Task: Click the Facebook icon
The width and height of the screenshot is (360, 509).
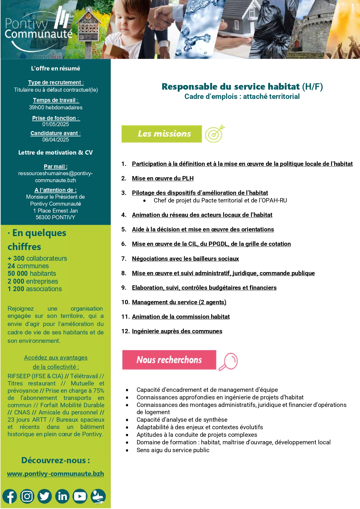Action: [10, 497]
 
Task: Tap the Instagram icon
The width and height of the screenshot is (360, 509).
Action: [27, 497]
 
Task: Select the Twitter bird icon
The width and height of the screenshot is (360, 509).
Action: [45, 497]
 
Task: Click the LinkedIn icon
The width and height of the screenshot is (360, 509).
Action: [62, 497]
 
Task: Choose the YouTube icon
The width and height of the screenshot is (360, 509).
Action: [80, 497]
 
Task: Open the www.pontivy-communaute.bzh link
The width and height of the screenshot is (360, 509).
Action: [55, 474]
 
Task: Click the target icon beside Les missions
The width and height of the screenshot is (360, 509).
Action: [215, 134]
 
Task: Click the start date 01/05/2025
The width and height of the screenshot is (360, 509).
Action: [55, 124]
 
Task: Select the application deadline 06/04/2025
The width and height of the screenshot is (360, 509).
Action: [55, 140]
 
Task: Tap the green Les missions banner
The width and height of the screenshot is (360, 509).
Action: [162, 134]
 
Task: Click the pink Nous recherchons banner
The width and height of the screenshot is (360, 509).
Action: [169, 360]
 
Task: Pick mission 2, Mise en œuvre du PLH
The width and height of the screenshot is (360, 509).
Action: [162, 178]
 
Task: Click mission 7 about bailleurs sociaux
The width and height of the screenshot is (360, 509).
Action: [185, 259]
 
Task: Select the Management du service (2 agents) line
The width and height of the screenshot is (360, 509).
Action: [179, 302]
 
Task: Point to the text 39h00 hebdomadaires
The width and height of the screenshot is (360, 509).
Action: [55, 108]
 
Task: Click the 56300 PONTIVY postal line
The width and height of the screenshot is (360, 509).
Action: [55, 217]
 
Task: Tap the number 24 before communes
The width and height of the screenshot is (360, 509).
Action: [11, 266]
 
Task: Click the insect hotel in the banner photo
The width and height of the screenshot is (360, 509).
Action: [88, 28]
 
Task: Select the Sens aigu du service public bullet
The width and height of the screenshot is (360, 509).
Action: [173, 450]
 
